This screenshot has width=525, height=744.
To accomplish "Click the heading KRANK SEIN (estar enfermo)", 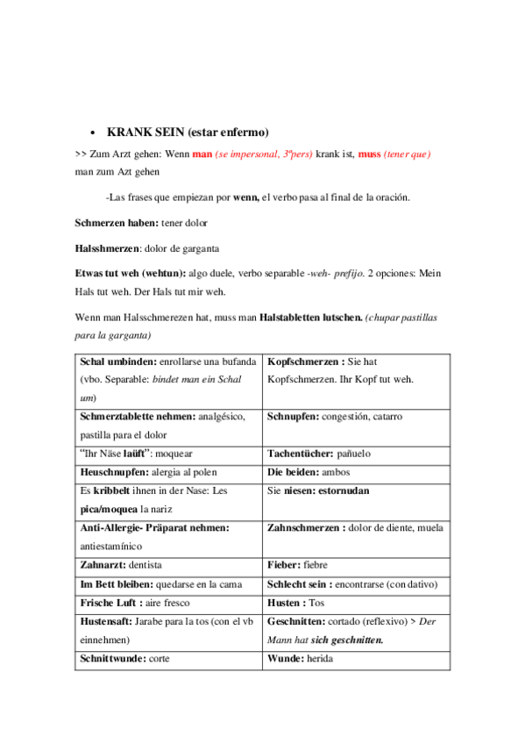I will tap(188, 132).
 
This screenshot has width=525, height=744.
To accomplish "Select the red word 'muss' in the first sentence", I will tap(369, 154).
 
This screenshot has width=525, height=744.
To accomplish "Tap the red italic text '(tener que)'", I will tap(408, 154).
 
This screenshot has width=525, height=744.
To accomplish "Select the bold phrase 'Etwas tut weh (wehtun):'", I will tap(136, 274).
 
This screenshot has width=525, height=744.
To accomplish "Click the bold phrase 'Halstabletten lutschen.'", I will tap(311, 317).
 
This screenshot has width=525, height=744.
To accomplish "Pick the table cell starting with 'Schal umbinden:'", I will tap(168, 379).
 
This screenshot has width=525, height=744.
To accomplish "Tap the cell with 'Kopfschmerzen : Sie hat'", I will tap(356, 370).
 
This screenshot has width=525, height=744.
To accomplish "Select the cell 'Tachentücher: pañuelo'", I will tap(356, 454).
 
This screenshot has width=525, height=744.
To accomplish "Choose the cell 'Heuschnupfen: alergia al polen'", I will tap(168, 472).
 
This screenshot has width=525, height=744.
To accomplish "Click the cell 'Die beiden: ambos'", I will tap(356, 472).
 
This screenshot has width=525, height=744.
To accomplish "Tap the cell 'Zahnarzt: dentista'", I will tap(168, 565).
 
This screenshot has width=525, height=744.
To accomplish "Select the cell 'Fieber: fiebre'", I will tap(356, 565).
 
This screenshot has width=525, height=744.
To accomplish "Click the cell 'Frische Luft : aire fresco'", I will tap(168, 603).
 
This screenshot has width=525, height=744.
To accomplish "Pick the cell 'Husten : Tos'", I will tap(356, 603).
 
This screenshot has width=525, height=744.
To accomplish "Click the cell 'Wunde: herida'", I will tap(356, 658).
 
